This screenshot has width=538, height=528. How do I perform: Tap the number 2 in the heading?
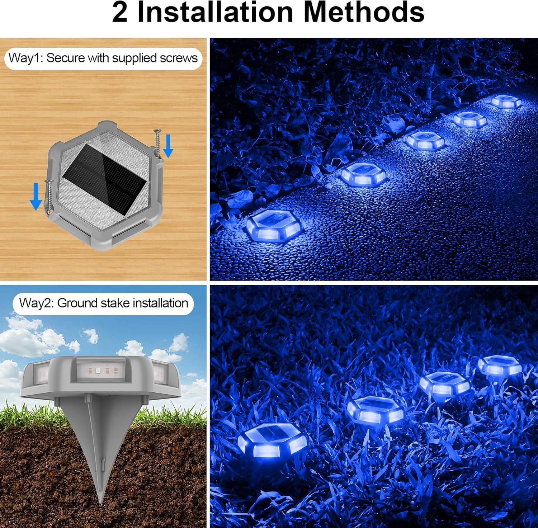click(x=120, y=13)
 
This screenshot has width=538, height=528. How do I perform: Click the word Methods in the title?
click(x=364, y=13)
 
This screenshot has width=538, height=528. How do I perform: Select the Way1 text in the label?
click(x=25, y=58)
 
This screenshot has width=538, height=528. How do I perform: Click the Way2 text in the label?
click(x=36, y=303)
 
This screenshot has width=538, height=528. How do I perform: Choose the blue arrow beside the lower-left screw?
click(x=36, y=196)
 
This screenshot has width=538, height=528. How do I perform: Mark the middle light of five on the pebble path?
click(x=425, y=140)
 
